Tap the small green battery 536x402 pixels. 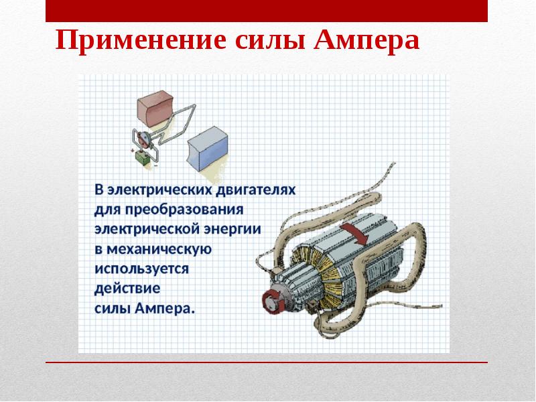[143, 158]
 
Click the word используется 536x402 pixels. [142, 269]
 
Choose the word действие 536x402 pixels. [127, 289]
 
